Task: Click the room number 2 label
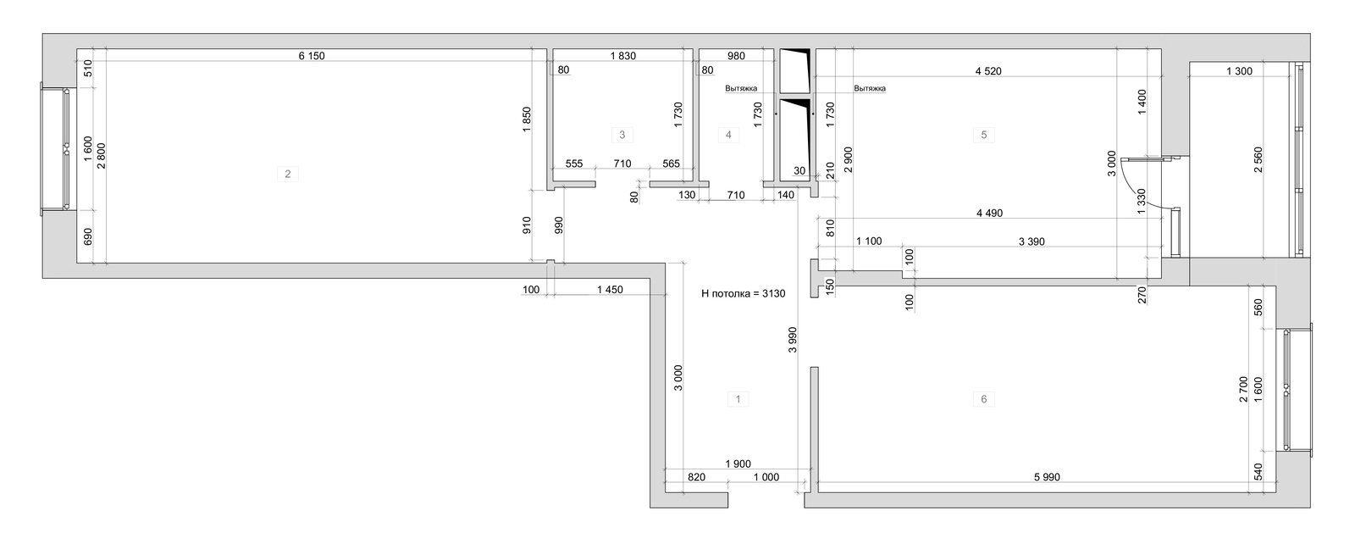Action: (x=287, y=175)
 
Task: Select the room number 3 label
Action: (x=622, y=135)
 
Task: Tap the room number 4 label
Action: (x=728, y=135)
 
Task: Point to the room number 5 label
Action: (x=983, y=135)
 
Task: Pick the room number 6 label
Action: (x=983, y=399)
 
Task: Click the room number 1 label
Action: (x=738, y=399)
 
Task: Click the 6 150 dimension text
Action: (x=312, y=56)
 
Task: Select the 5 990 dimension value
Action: (x=1047, y=477)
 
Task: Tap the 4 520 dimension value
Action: (x=988, y=71)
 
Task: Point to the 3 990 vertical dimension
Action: (x=793, y=340)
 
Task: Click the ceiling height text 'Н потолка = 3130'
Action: (x=744, y=294)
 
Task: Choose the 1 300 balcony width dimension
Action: (x=1240, y=71)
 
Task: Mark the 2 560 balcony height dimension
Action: (x=1258, y=160)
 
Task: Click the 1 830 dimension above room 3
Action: (x=623, y=56)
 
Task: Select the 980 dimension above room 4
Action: (x=736, y=56)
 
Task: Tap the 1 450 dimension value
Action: (x=610, y=290)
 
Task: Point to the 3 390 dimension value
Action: (x=1032, y=242)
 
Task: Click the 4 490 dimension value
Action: (x=990, y=214)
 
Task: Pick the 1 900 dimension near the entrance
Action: (x=738, y=464)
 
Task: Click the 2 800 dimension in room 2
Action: (x=102, y=156)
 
